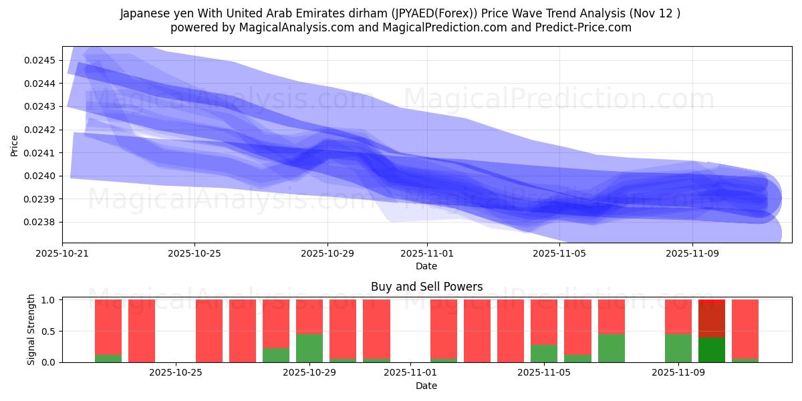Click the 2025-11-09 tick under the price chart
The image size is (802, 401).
click(x=692, y=254)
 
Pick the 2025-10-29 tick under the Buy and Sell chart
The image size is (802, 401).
click(x=309, y=373)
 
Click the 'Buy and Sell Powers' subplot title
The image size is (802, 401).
click(x=426, y=287)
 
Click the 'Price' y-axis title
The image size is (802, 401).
click(x=15, y=144)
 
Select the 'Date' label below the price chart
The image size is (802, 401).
click(x=426, y=266)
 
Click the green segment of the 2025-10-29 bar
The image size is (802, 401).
click(x=309, y=348)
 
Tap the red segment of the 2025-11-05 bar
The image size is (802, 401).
click(x=544, y=321)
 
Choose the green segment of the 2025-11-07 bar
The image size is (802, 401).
click(x=611, y=348)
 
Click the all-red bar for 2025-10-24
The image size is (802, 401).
click(x=142, y=331)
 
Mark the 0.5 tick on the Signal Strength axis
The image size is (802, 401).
click(x=51, y=331)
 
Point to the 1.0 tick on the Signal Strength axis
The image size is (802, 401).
click(x=51, y=300)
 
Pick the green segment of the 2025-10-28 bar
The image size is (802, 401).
click(x=276, y=355)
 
